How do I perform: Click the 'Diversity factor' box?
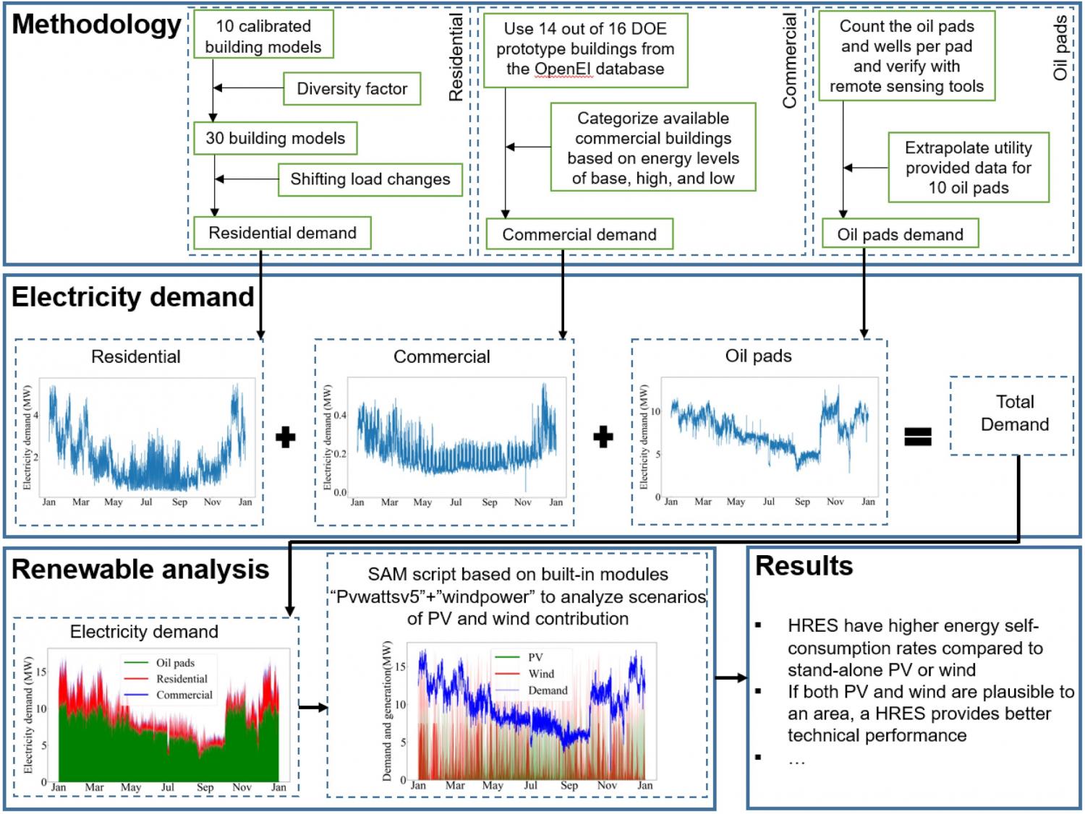(x=352, y=89)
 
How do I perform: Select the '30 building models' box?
(x=275, y=139)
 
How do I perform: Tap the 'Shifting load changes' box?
(x=370, y=179)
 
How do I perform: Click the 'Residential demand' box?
(x=282, y=233)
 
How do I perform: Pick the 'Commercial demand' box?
(x=579, y=234)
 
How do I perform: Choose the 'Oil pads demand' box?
(x=899, y=234)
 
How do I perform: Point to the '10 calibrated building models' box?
(x=263, y=36)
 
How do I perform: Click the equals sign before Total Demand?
(x=917, y=436)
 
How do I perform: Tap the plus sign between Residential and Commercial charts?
(x=286, y=437)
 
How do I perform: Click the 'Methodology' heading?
(x=96, y=25)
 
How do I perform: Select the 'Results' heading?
(x=804, y=566)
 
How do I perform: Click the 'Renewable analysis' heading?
(x=140, y=570)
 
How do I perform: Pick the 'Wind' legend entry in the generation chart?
(x=540, y=674)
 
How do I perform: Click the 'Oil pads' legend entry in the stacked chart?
(x=174, y=663)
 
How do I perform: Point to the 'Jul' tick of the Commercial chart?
(x=456, y=502)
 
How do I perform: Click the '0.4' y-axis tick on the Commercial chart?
(x=339, y=416)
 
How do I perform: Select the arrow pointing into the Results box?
(x=731, y=677)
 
